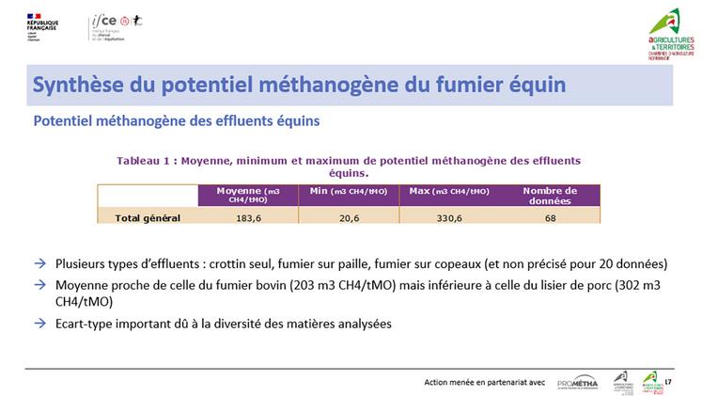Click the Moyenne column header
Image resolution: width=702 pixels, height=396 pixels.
pos(247,195)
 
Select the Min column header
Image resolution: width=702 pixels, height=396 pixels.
pos(349,191)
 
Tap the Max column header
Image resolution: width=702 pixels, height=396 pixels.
pos(448,191)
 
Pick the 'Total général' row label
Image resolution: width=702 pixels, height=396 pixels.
pos(148,217)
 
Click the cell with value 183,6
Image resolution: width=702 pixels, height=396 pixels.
pos(247,217)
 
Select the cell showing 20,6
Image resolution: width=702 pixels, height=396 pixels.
pos(349,217)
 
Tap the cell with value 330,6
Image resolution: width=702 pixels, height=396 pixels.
pos(448,217)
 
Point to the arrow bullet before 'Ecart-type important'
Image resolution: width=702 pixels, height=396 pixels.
pos(39,324)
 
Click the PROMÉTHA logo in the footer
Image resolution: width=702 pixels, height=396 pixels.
pos(577,381)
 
